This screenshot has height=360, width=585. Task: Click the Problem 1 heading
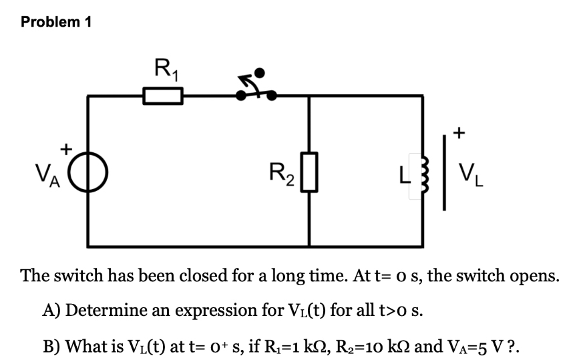point(56,22)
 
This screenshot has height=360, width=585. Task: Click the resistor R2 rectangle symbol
point(309,172)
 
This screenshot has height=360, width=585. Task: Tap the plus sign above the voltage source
point(66,148)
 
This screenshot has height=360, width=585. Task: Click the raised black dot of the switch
point(262,72)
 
